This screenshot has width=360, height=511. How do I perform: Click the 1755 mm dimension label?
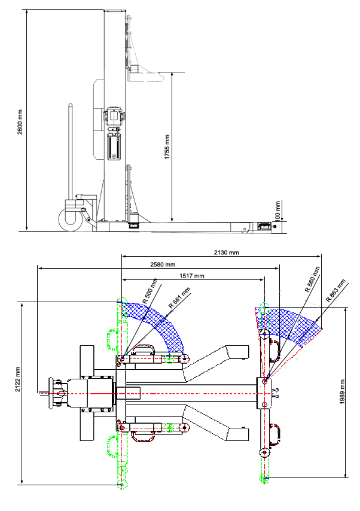pos(167,144)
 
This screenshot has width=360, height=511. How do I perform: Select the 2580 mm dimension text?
pos(163,264)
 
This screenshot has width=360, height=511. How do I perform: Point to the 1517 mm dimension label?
pos(192,276)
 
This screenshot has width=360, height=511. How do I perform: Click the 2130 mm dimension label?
pos(227,253)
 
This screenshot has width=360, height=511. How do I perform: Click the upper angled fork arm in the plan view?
pos(215,363)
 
